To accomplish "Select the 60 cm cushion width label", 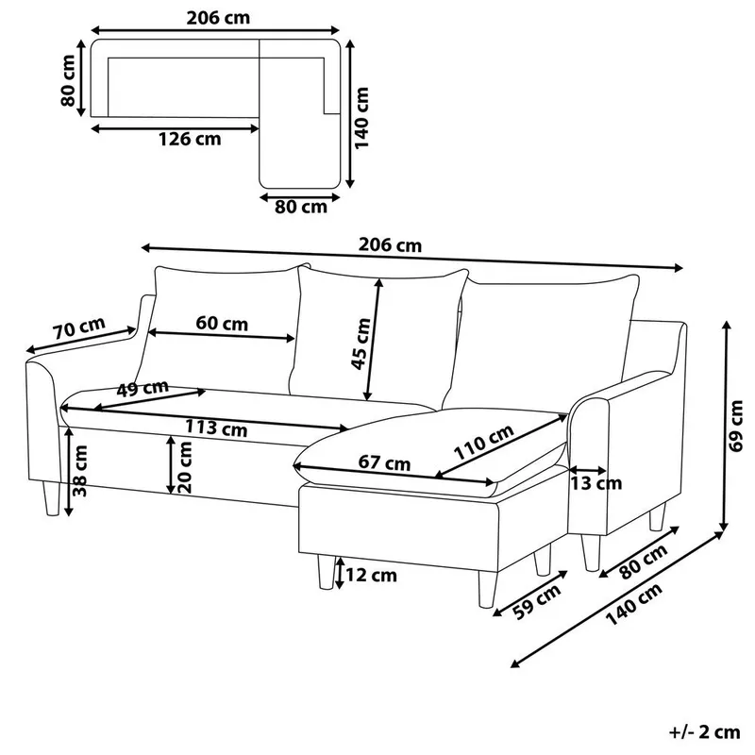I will tap(222, 324).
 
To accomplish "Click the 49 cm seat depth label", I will tap(143, 388).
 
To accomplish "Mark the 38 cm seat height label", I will tap(83, 472).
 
